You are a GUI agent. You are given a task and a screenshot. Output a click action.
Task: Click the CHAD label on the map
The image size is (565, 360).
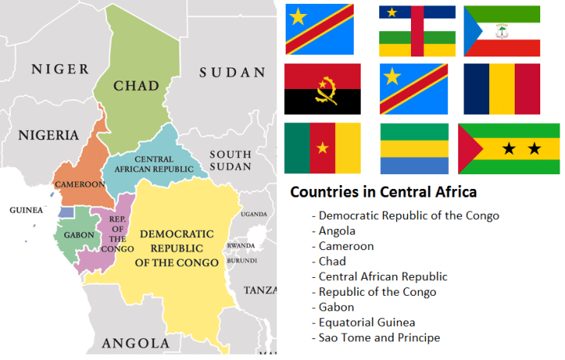click(136, 85)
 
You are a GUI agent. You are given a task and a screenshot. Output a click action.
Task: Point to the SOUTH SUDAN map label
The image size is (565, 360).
click(230, 160)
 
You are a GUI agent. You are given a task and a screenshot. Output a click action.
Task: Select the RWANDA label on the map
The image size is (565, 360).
click(240, 246)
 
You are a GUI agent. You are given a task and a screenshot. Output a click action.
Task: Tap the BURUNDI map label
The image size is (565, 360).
click(241, 260)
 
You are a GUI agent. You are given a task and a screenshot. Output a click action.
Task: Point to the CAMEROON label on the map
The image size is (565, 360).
click(79, 184)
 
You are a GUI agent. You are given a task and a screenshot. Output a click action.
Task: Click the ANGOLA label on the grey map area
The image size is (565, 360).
click(135, 342)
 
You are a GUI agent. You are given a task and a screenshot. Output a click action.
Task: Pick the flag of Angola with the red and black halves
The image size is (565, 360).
click(322, 89)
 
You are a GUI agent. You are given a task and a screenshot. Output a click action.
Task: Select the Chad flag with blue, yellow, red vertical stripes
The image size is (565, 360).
click(502, 89)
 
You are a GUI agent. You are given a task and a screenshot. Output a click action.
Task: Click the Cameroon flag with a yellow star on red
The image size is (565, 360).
click(322, 148)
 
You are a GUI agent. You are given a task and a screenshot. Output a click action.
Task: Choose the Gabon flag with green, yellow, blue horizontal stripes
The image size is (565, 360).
click(414, 148)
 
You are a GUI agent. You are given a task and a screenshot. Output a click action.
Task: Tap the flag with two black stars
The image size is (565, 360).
click(508, 148)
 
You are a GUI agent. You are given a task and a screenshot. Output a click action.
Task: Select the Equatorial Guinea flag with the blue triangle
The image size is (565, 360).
click(502, 31)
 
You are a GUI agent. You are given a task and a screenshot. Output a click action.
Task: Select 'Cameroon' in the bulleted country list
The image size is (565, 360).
click(346, 246)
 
